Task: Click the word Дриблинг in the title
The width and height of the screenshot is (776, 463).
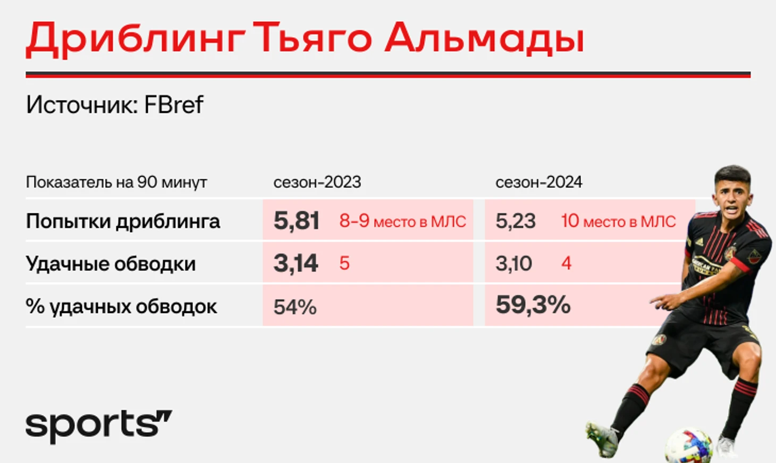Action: [x=136, y=39]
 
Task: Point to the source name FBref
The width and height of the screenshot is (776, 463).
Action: [x=174, y=104]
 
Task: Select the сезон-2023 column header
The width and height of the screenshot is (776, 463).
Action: [x=317, y=182]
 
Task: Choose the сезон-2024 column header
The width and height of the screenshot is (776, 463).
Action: [x=539, y=182]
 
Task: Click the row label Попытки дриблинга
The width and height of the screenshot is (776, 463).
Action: [x=123, y=221]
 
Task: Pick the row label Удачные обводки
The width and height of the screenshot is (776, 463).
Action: [x=111, y=263]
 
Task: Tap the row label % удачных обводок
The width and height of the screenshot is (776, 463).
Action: [x=121, y=307]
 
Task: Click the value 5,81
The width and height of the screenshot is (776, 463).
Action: [x=296, y=221]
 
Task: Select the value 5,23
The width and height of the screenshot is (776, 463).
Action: [x=516, y=221]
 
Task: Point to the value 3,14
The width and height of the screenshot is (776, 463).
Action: [x=296, y=263]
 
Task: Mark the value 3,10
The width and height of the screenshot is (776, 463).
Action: [x=514, y=263]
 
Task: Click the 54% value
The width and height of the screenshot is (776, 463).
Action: [x=295, y=307]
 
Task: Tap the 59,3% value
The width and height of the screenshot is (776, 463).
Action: [x=533, y=305]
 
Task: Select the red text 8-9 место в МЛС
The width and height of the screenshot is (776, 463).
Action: [x=402, y=221]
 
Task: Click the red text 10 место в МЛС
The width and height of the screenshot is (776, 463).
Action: [x=618, y=221]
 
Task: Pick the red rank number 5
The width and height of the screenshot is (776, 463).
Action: [x=344, y=263]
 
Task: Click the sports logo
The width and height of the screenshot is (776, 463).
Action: [x=99, y=427]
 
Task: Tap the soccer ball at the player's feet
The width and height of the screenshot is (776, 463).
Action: [x=689, y=445]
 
